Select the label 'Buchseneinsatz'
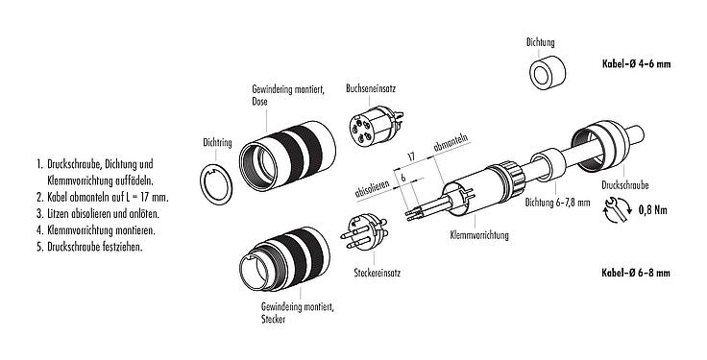371,87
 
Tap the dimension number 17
410,155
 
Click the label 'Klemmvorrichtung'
479,234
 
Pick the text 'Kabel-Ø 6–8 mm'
636,273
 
